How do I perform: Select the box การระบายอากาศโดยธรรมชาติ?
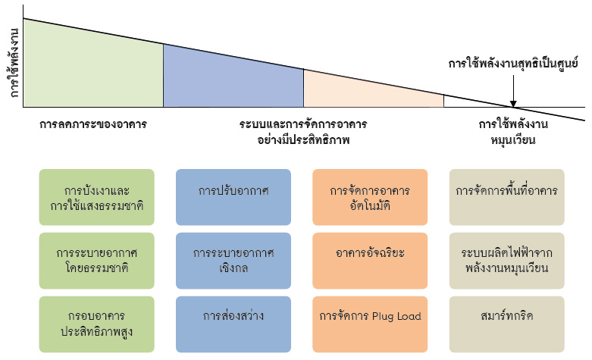[96, 259]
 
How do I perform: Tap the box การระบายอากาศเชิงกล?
[233, 259]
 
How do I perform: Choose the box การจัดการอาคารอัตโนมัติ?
[370, 197]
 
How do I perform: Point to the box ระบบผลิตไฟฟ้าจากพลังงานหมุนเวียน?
[507, 259]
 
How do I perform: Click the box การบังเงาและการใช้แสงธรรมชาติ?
[96, 197]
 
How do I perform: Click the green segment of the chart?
[91, 72]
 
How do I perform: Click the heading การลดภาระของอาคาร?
[93, 124]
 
